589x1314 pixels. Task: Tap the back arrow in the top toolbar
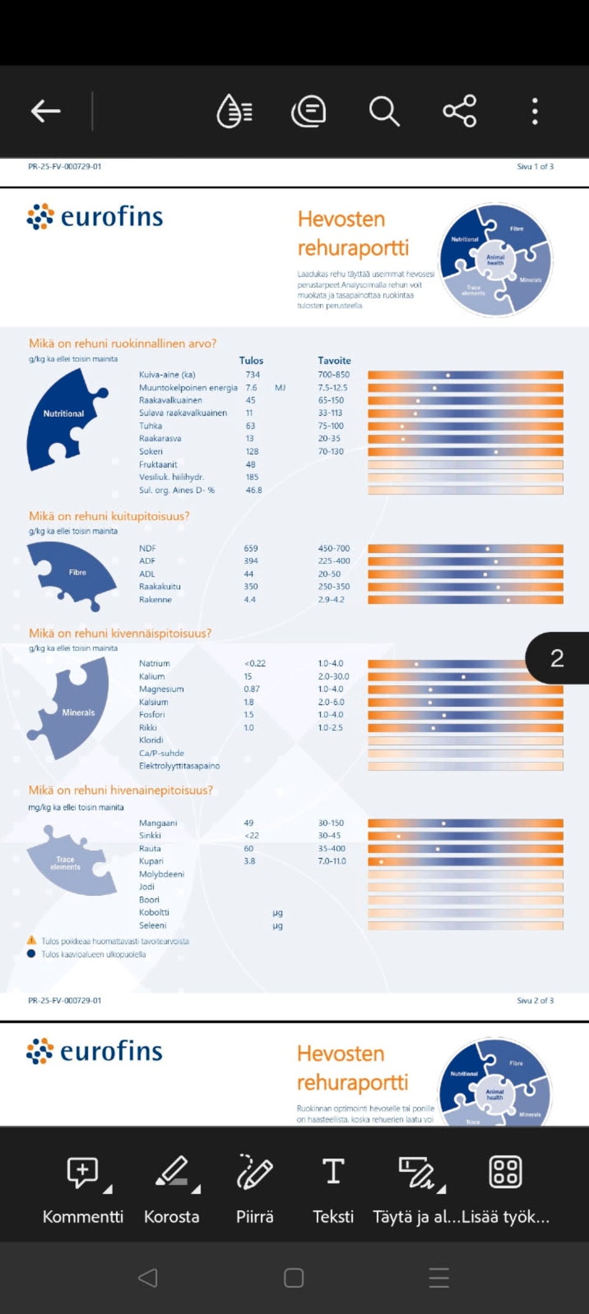click(45, 111)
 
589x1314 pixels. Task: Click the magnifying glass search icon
click(384, 111)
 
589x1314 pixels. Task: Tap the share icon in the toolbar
click(460, 111)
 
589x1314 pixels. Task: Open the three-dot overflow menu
click(535, 111)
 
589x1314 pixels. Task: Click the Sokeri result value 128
click(252, 452)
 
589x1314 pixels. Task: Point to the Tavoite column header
click(334, 360)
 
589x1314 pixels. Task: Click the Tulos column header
click(251, 360)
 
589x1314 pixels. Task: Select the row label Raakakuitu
click(160, 587)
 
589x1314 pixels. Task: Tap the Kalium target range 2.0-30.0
click(333, 677)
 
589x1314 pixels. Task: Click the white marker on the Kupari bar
click(382, 862)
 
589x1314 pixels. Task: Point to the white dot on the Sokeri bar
click(496, 452)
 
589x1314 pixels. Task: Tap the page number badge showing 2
click(556, 658)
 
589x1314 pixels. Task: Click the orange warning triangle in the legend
click(31, 940)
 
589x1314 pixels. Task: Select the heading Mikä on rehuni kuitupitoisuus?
click(109, 516)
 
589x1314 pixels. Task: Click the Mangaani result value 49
click(248, 823)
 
